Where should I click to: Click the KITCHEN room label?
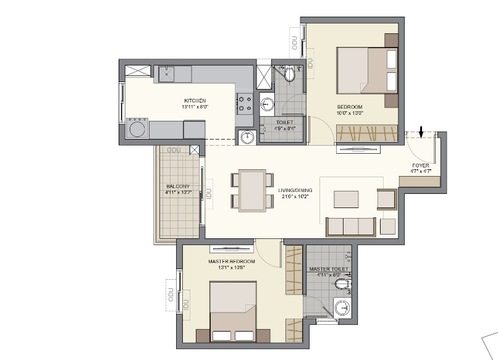[x=195, y=101]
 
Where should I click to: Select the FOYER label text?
[x=421, y=166]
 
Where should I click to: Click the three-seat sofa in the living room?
[x=351, y=226]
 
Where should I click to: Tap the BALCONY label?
[x=178, y=186]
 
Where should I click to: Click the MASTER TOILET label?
[x=328, y=269]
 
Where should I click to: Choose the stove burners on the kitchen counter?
[x=245, y=103]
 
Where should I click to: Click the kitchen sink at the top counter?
[x=167, y=74]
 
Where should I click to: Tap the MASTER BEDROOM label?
[x=231, y=261]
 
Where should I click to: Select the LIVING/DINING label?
[x=295, y=190]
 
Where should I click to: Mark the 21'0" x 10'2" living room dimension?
[x=295, y=197]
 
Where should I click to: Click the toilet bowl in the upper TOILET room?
[x=289, y=75]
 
